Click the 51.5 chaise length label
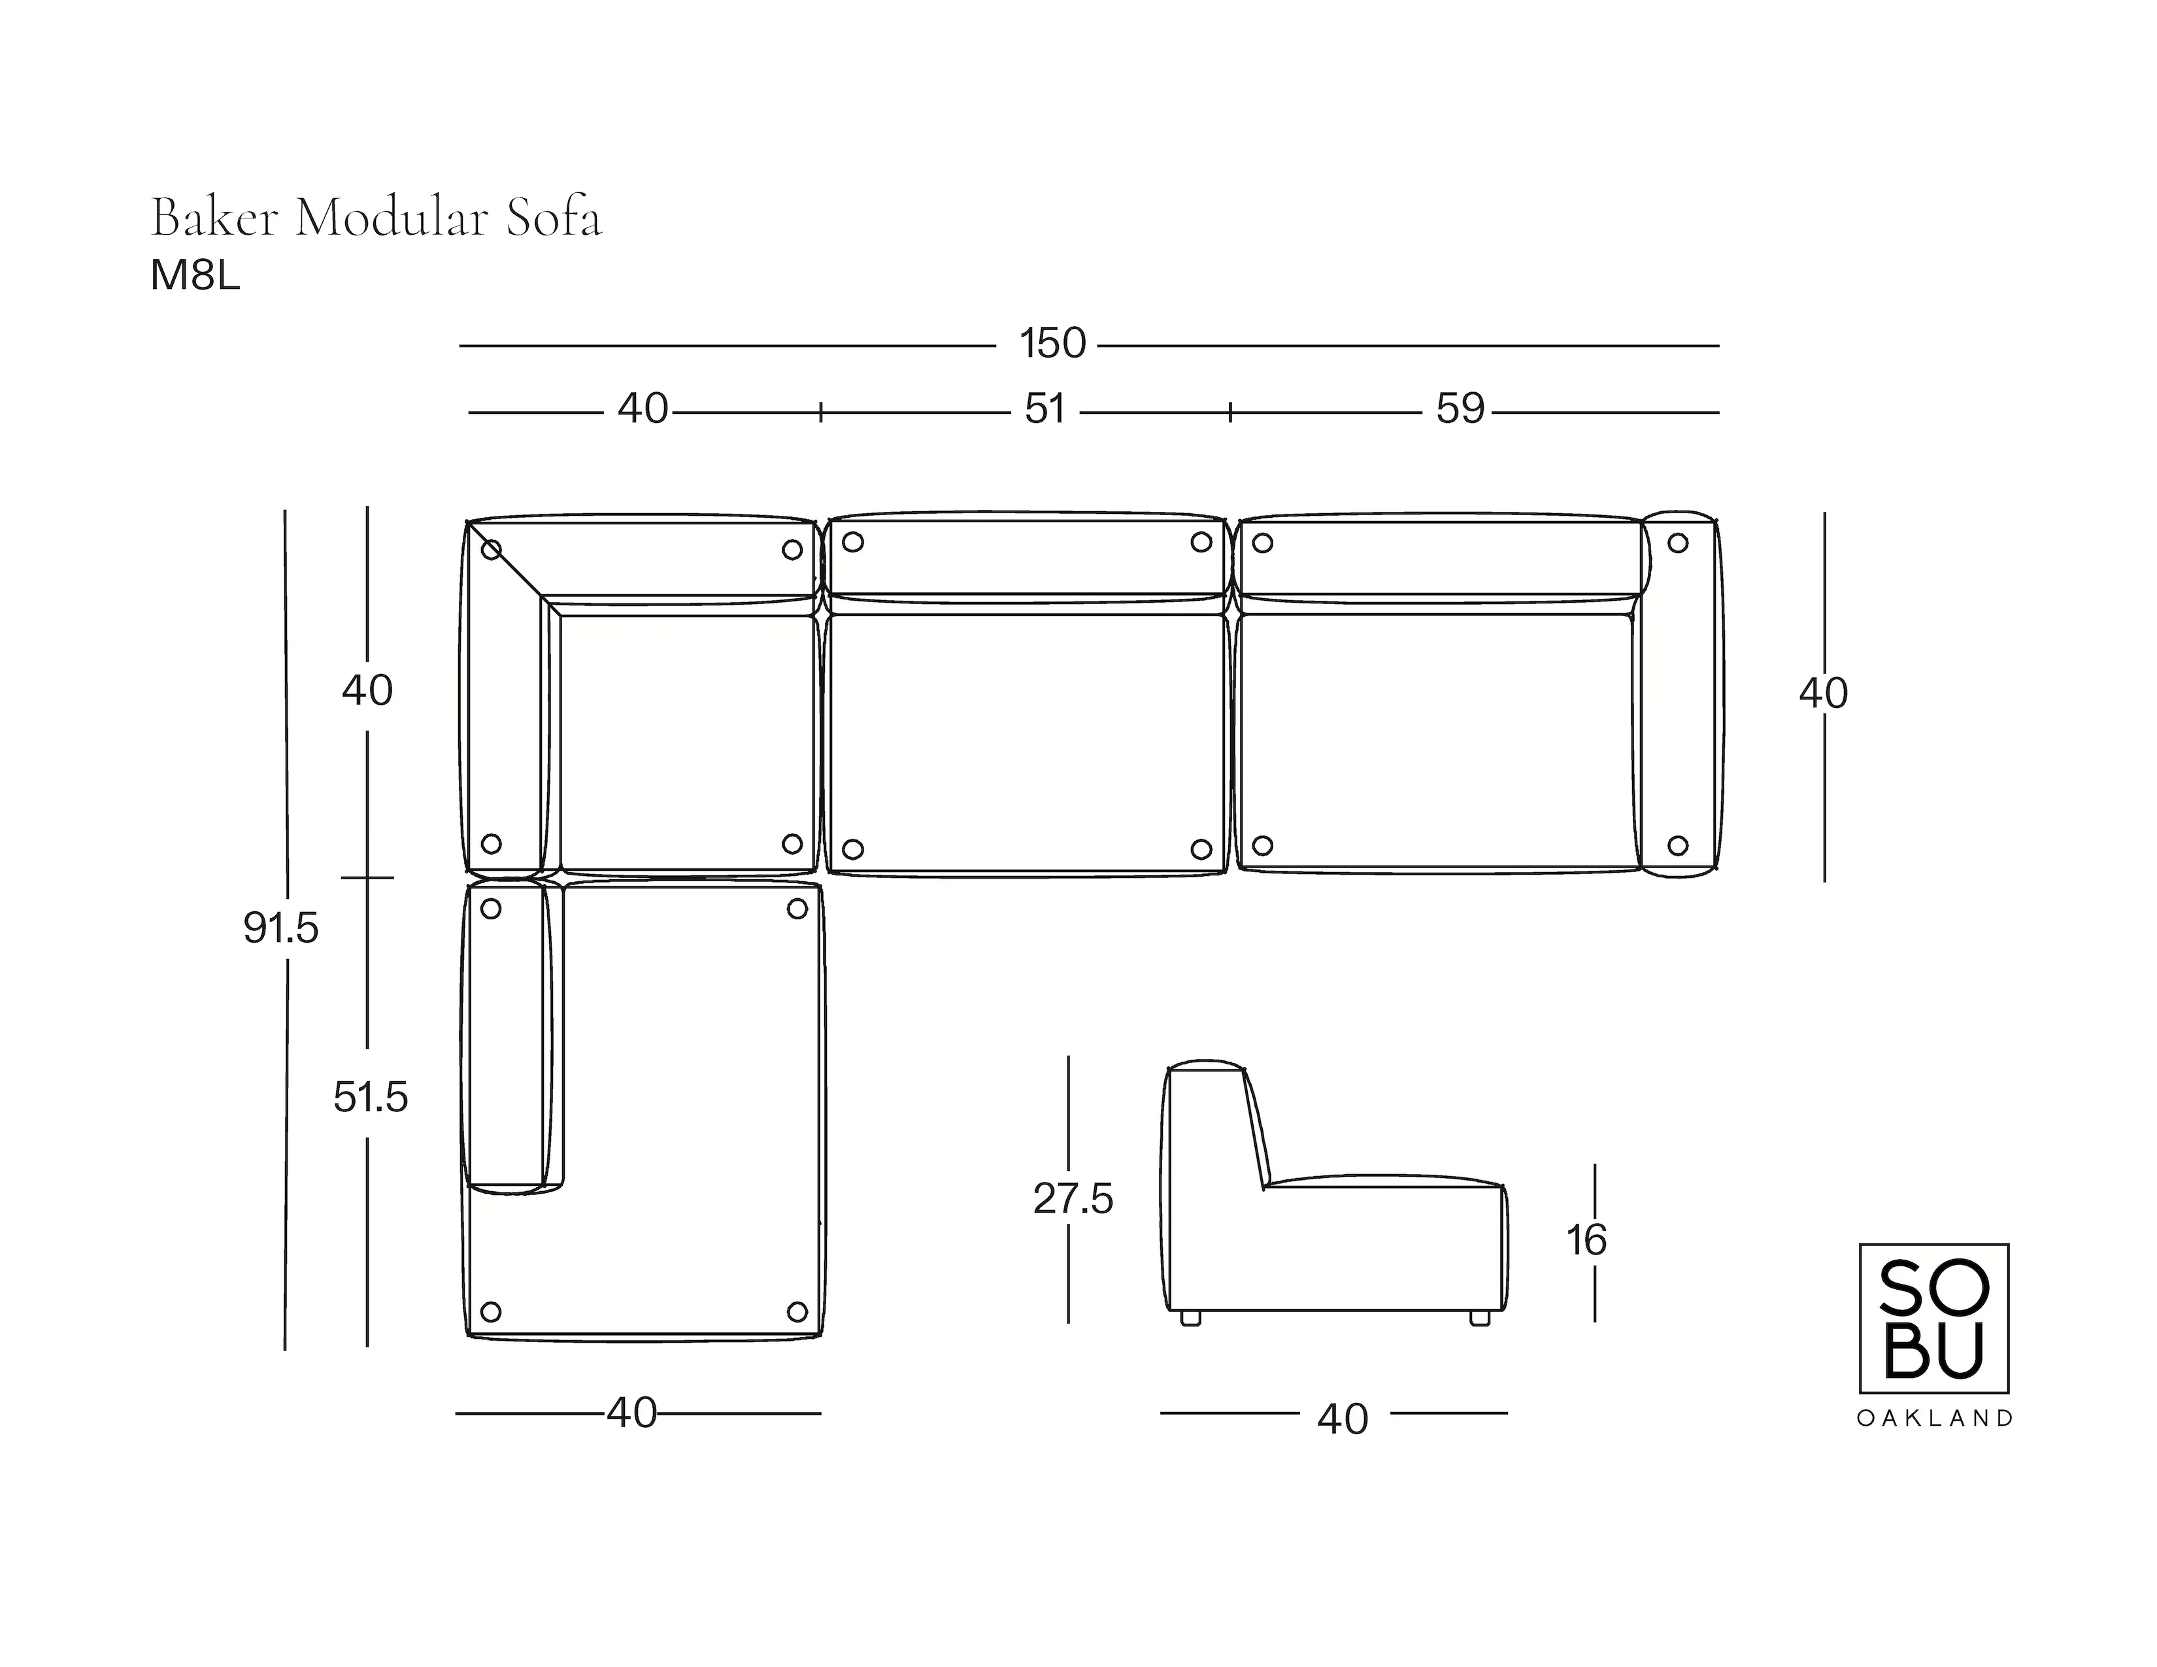(x=371, y=1097)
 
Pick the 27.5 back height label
(x=1073, y=1199)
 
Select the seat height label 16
(x=1586, y=1240)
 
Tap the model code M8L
(x=195, y=277)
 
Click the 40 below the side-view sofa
(x=1342, y=1419)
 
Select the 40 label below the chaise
(x=632, y=1413)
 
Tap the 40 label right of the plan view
(x=1822, y=694)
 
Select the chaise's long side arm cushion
(x=507, y=1037)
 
